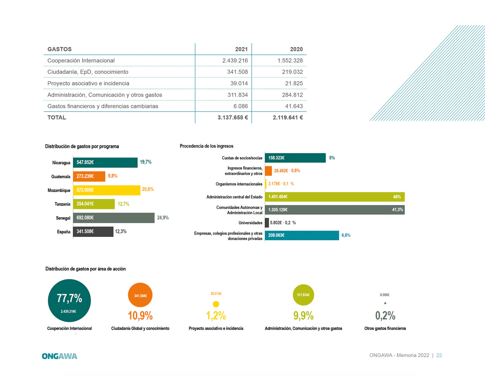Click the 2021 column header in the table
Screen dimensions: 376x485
[x=241, y=49]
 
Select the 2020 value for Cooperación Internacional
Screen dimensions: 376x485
[x=290, y=61]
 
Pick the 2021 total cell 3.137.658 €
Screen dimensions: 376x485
[x=232, y=118]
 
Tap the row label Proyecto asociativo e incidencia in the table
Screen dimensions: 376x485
[x=88, y=83]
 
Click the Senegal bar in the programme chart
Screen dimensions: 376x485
[x=114, y=218]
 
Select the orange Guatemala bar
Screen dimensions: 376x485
[x=89, y=176]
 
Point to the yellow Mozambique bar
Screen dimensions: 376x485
[x=106, y=190]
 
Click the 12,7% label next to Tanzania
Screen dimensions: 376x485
[x=124, y=204]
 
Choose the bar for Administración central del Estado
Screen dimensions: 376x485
[x=335, y=197]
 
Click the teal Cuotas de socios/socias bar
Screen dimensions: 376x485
[x=295, y=158]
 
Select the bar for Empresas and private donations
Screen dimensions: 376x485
[x=302, y=235]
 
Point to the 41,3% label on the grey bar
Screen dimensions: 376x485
[x=398, y=210]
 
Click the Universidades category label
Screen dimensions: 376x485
[x=250, y=223]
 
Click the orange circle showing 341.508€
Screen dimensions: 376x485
[x=140, y=296]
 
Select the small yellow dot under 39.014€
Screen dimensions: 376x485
[x=216, y=304]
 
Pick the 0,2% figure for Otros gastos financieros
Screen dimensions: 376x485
[x=385, y=315]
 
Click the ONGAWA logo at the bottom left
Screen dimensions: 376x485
[x=59, y=356]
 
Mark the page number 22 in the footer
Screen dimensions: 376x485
[x=439, y=355]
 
